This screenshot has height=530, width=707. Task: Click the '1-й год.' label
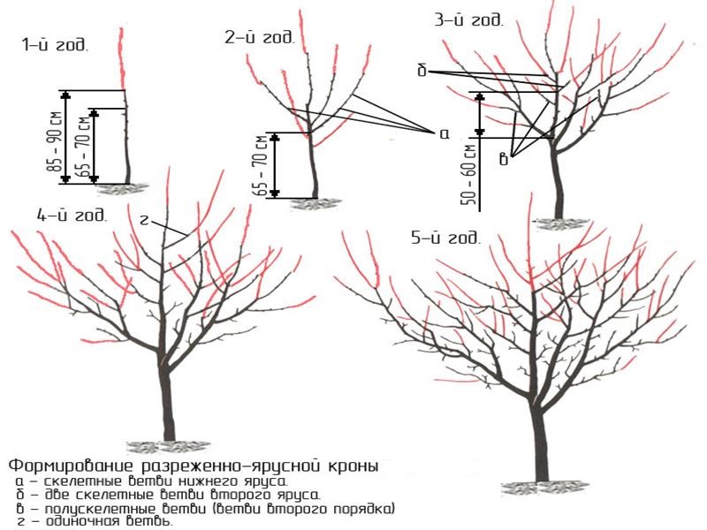55,45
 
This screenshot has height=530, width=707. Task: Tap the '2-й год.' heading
259,37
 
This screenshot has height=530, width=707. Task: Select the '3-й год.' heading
470,19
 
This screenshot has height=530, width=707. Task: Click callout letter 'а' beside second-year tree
443,132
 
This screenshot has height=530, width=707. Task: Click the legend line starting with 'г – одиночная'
94,521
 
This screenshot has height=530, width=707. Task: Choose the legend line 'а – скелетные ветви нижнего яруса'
150,481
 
